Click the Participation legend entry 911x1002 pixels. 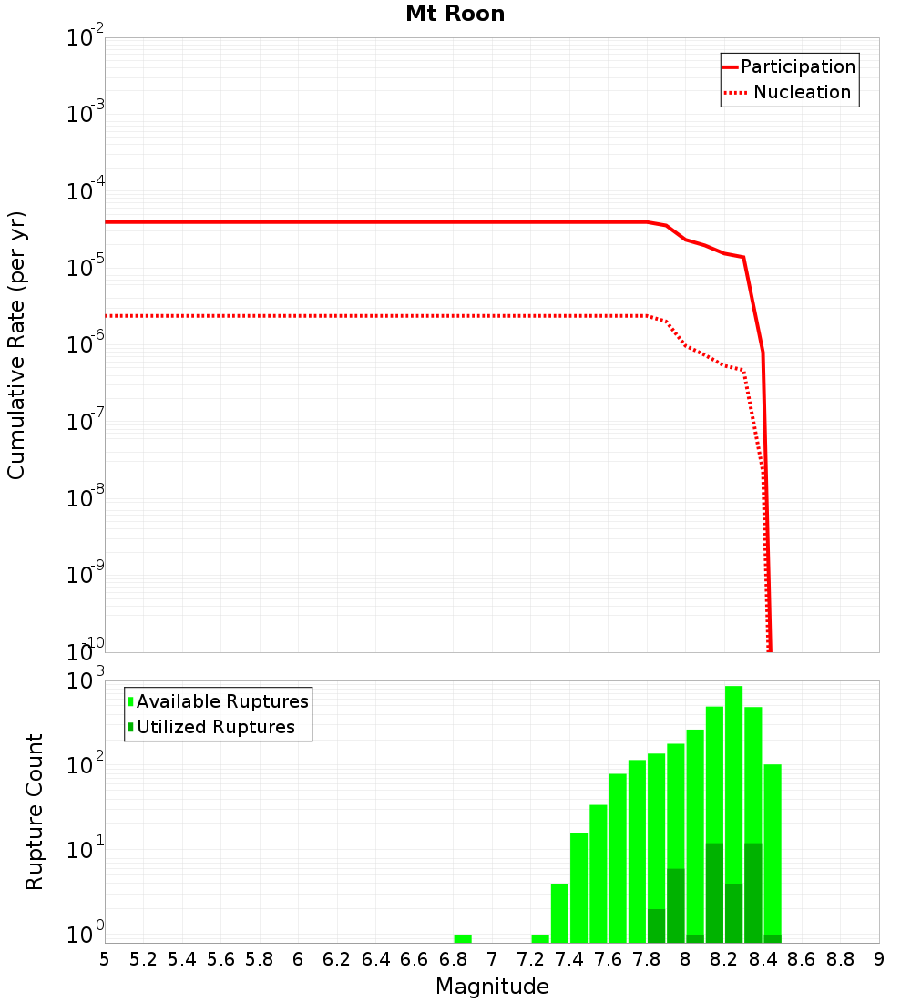[x=798, y=67]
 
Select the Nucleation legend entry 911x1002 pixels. [x=802, y=93]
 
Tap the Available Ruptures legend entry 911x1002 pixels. [x=222, y=701]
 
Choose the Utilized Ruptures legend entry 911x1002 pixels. [x=215, y=727]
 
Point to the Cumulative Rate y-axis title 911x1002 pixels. [x=16, y=344]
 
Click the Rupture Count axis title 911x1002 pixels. [x=35, y=811]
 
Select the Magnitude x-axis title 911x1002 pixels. [x=492, y=987]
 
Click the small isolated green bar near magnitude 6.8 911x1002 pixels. [x=463, y=938]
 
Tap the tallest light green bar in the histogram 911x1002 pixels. [x=733, y=729]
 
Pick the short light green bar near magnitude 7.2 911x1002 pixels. [x=540, y=938]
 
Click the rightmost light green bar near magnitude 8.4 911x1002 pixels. [x=773, y=847]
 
